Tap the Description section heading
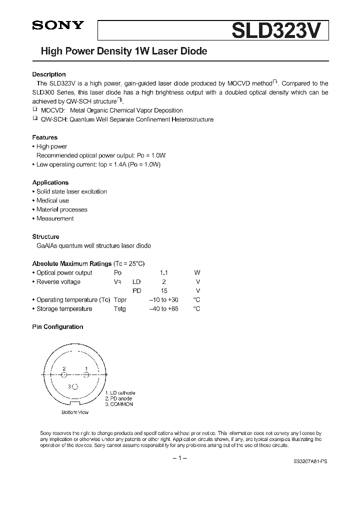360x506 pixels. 49,74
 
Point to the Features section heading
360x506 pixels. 45,137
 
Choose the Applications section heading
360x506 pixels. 50,182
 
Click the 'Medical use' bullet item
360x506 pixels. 52,200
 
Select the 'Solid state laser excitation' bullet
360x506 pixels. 71,191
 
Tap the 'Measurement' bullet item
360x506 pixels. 55,218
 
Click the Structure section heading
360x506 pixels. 46,236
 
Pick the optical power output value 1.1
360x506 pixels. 164,273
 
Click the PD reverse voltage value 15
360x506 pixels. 164,291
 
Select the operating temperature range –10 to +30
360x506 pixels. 164,300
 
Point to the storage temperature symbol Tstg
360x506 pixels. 120,309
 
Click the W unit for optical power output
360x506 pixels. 197,273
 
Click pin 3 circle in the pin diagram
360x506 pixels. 75,386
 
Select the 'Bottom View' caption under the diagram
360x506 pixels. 75,412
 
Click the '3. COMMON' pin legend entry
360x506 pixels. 119,404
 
